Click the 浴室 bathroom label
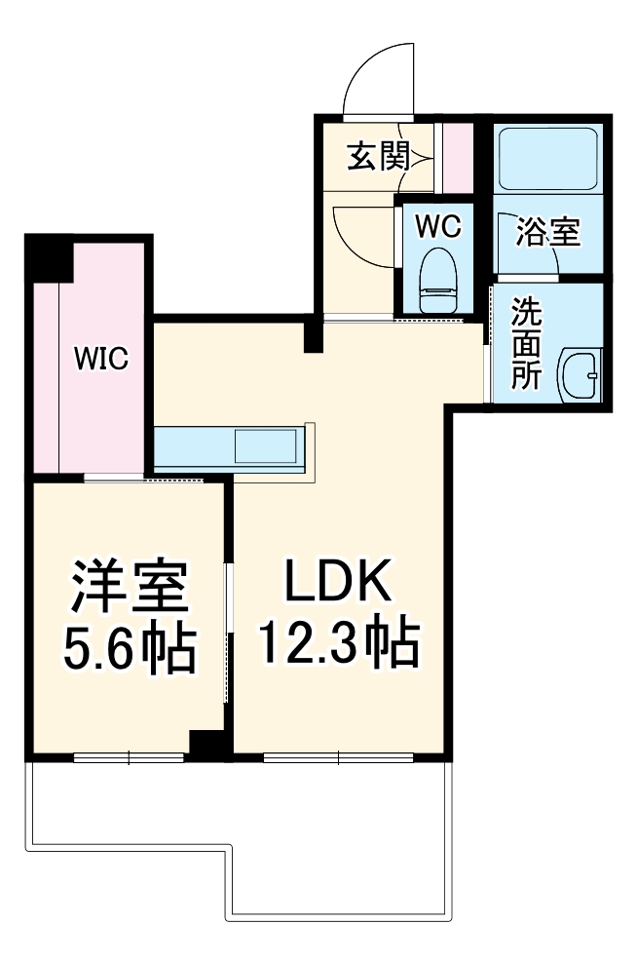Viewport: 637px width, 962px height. click(547, 233)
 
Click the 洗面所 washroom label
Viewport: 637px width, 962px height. click(527, 344)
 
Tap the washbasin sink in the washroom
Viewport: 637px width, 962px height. click(580, 374)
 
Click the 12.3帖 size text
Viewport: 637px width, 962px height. click(337, 644)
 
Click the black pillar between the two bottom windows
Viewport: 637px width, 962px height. click(207, 745)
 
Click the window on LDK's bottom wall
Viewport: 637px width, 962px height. click(338, 756)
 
